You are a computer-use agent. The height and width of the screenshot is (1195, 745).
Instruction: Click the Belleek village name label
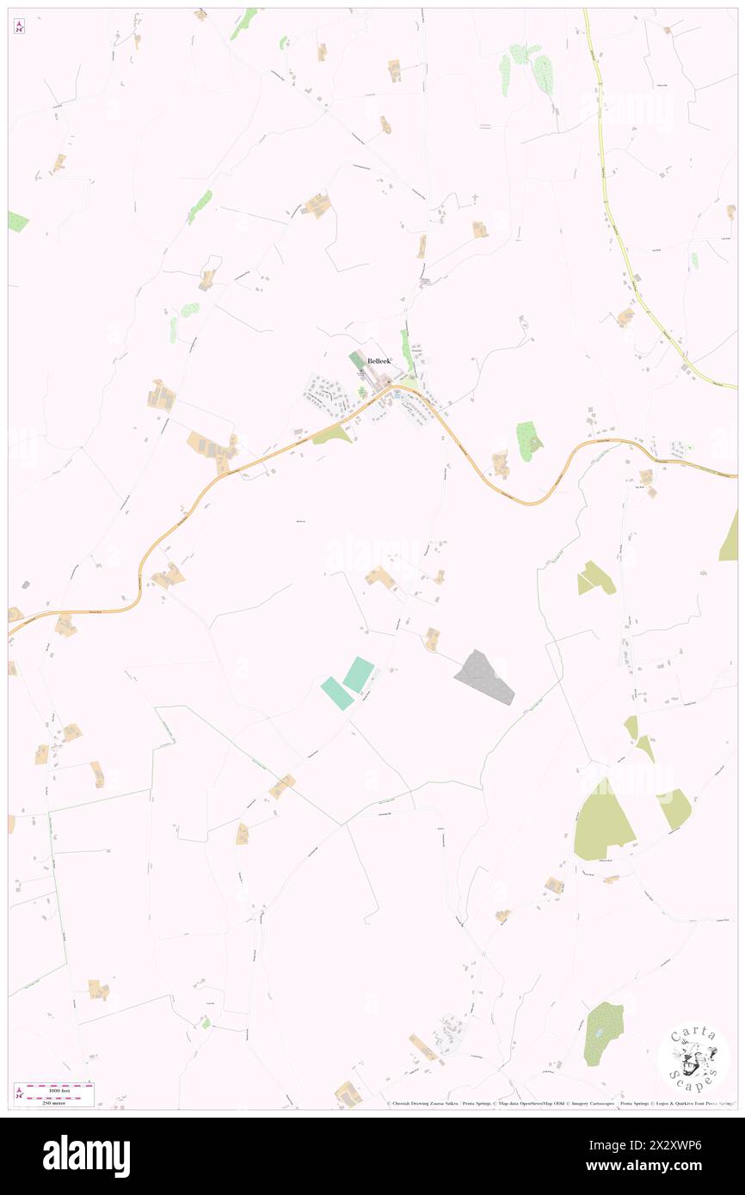click(379, 361)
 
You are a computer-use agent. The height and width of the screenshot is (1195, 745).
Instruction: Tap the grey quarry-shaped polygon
click(484, 677)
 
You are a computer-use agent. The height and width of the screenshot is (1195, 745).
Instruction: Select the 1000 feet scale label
click(58, 1090)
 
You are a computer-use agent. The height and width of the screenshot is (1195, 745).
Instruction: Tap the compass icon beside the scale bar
click(19, 1094)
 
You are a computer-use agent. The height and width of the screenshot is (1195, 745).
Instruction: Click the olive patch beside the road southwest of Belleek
click(333, 436)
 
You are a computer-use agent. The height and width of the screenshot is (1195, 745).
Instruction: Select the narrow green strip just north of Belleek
click(405, 348)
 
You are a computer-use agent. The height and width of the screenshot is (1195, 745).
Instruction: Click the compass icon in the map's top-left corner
click(19, 27)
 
